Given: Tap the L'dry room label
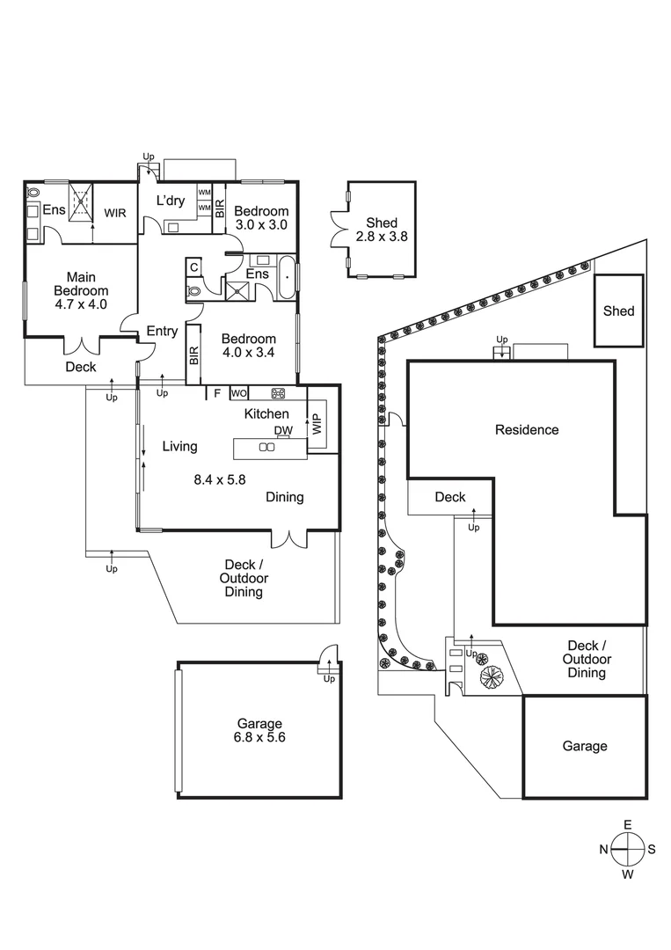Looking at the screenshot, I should [x=171, y=201].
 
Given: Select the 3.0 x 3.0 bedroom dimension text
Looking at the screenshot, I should [x=260, y=225].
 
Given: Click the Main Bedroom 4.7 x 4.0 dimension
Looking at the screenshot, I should [x=81, y=305].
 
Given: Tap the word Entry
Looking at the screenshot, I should [x=162, y=332].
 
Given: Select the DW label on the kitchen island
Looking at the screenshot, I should [x=282, y=430].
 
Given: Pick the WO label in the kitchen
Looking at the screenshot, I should [x=238, y=393].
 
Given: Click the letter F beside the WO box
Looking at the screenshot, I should [x=216, y=393].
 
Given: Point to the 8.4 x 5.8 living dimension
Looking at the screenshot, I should [x=220, y=479].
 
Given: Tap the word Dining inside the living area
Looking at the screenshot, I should [x=284, y=497].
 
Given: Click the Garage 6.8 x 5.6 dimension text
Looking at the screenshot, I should [x=259, y=738].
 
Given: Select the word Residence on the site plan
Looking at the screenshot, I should [x=527, y=430].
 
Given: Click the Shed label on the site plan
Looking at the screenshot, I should [x=618, y=311].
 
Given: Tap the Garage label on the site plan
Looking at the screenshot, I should [x=585, y=746].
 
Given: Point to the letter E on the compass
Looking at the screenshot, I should [x=628, y=824].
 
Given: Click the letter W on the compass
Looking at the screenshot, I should [x=628, y=875].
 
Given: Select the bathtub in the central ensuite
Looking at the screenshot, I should [x=286, y=277].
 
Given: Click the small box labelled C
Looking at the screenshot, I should [x=193, y=267].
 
